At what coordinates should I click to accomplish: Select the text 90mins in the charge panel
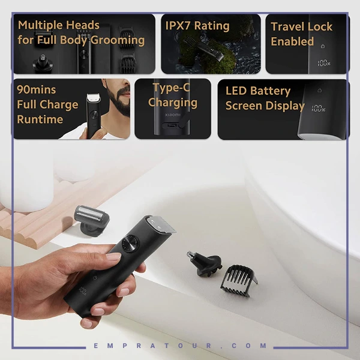tap(36, 90)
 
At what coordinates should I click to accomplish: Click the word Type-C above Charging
tap(172, 88)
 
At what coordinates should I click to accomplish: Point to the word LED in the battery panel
tap(236, 91)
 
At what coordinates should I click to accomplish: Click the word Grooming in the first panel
tap(118, 40)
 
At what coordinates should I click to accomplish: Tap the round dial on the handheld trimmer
tap(130, 244)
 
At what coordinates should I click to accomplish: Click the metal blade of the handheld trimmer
tap(161, 224)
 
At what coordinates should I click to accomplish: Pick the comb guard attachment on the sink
tap(239, 281)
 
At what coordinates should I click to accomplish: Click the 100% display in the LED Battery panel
tap(319, 109)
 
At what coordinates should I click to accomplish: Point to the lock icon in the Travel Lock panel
tap(323, 46)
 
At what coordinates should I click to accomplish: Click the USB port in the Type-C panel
tap(172, 125)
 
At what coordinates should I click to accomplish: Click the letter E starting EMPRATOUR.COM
tap(96, 346)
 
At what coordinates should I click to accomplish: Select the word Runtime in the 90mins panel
tap(40, 119)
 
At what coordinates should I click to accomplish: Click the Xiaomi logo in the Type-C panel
tap(173, 115)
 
